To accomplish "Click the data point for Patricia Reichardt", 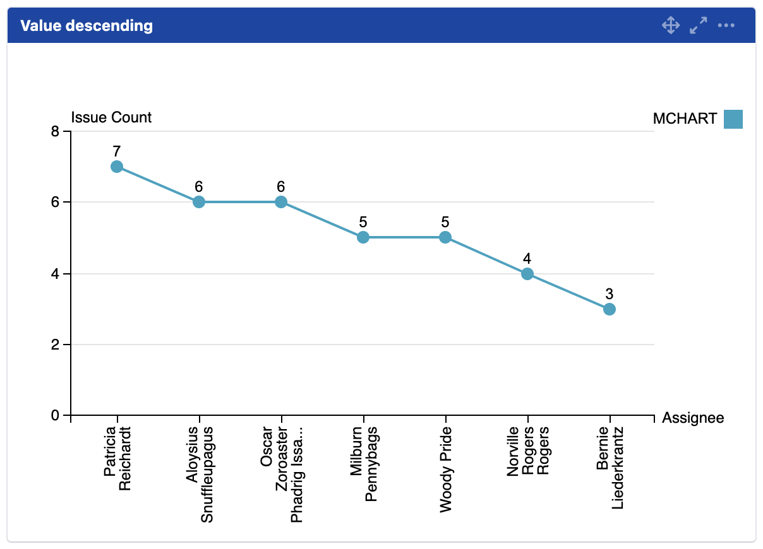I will click(117, 167).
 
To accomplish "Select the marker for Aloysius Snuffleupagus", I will click(199, 202).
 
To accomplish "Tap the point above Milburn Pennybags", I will click(363, 237).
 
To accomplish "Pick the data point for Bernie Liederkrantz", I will click(609, 309).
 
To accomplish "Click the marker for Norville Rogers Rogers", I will click(527, 274).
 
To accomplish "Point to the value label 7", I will click(117, 151).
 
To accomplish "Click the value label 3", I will click(609, 294).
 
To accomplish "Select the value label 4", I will click(527, 259).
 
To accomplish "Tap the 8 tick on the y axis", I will click(55, 132).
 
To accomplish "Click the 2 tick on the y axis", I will click(55, 345).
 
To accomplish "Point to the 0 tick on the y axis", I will click(55, 416).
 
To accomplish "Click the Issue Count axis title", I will click(111, 117).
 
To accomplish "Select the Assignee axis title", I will click(693, 418).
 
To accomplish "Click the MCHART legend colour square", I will click(733, 119).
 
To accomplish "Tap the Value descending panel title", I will click(87, 26).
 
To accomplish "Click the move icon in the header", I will click(670, 26).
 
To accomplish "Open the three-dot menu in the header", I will click(726, 26).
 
